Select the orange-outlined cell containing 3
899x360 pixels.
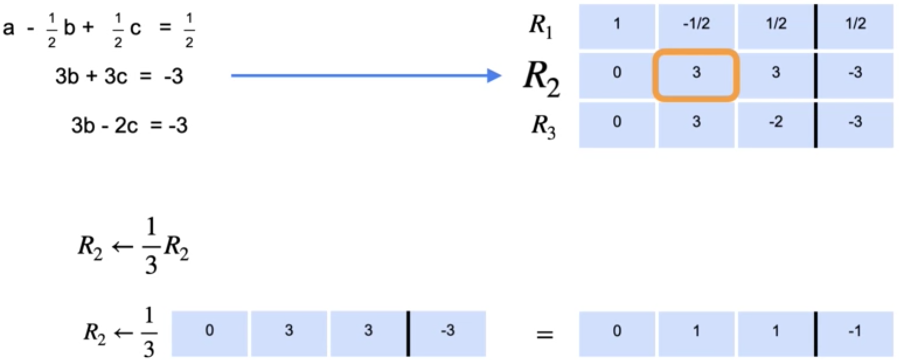[696, 75]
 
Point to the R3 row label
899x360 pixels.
[543, 127]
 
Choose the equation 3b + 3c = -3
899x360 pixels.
[119, 76]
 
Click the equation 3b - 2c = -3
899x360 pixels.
[129, 125]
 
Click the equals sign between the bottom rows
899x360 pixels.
[544, 335]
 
